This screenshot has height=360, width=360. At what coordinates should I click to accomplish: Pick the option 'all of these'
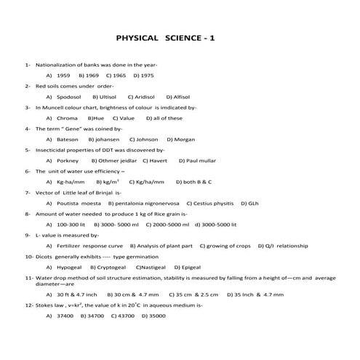coord(168,118)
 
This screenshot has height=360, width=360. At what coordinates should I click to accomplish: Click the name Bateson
coord(67,139)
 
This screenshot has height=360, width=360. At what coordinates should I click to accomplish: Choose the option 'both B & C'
coord(197,182)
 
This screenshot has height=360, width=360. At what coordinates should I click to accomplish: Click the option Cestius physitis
coord(214,204)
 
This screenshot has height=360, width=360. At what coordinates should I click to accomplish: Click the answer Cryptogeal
coord(109,267)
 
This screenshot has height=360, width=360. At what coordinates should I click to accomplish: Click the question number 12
coord(28,306)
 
